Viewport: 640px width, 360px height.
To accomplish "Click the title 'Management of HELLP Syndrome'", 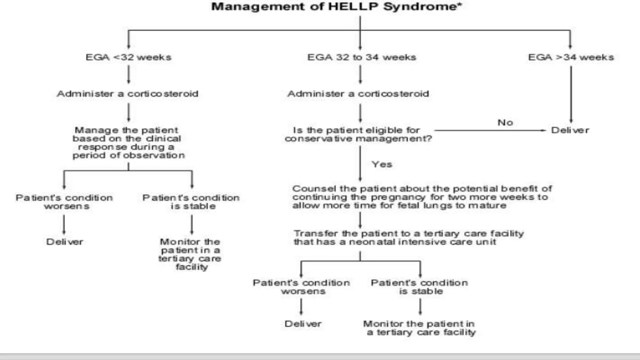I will [x=336, y=7].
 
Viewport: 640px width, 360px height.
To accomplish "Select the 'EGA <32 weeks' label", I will [x=128, y=57].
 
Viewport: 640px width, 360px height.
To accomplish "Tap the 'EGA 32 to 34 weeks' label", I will [x=362, y=57].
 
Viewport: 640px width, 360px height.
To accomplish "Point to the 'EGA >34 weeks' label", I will [x=571, y=57].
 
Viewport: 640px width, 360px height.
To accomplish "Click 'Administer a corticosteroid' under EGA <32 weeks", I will [x=127, y=94].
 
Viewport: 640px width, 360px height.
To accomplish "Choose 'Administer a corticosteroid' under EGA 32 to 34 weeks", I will [x=358, y=94].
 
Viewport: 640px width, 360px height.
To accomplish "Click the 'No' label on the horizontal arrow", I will [x=505, y=122].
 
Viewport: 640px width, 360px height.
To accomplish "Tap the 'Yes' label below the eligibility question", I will [x=382, y=164].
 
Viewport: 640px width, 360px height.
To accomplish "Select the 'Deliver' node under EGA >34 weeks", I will [x=570, y=130].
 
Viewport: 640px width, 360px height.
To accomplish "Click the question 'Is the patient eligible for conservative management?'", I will [x=358, y=134].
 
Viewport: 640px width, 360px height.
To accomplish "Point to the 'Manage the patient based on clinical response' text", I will [x=128, y=142].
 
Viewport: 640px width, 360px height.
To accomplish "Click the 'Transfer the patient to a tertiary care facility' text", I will [x=408, y=237].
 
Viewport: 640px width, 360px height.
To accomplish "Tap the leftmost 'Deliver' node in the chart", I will [x=65, y=242].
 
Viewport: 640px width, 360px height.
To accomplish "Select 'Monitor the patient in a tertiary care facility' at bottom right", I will [x=419, y=328].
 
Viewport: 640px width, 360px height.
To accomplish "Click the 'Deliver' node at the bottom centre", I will [x=303, y=324].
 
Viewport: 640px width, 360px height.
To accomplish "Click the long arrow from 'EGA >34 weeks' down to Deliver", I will [x=571, y=94].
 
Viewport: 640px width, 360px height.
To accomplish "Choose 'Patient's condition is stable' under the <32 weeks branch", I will [x=191, y=202].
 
